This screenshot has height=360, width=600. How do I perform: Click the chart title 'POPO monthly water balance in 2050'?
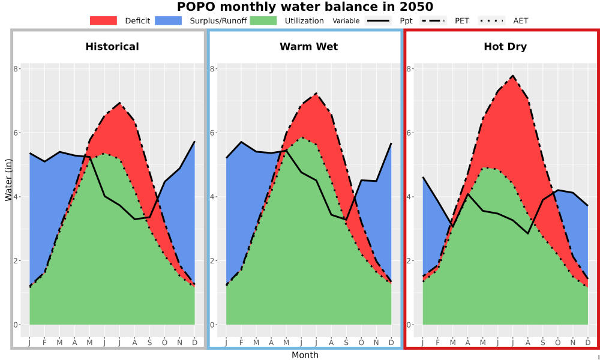[305, 7]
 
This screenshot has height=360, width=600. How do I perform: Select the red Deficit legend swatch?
[103, 20]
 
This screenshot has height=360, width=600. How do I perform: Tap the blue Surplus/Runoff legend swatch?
[169, 20]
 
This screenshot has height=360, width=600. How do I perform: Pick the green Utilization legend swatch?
[263, 20]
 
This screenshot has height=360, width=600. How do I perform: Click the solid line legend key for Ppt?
[378, 20]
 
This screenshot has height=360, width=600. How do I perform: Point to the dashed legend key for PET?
[433, 20]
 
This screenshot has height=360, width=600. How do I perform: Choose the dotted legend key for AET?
[491, 20]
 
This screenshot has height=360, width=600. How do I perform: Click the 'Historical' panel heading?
[112, 47]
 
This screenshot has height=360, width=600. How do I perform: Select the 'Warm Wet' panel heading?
[309, 47]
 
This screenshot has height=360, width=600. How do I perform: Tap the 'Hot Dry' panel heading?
[505, 47]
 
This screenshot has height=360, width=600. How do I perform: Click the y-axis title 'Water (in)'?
[8, 181]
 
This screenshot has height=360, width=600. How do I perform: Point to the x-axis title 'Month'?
[305, 355]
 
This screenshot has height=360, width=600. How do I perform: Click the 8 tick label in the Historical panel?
[16, 69]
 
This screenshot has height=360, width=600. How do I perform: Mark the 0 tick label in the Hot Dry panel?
[409, 325]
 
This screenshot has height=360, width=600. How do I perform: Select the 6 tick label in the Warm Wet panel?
[212, 133]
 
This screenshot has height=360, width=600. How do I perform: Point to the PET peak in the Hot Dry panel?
[512, 76]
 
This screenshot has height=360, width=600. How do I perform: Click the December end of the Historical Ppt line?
[195, 142]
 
